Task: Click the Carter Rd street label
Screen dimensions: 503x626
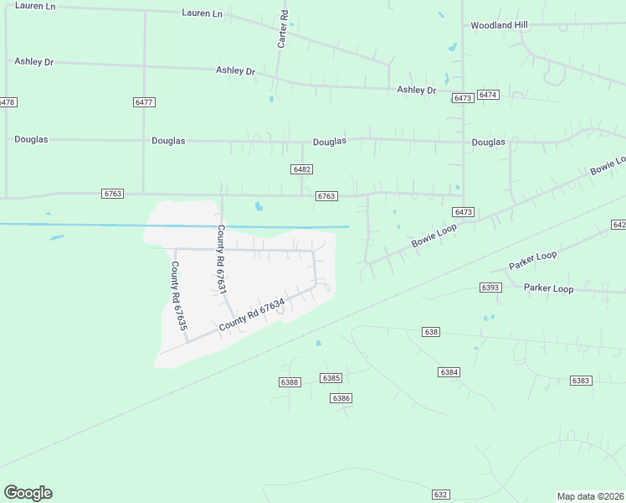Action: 283,29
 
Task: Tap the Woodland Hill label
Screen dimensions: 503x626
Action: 499,25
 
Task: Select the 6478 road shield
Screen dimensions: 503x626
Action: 7,101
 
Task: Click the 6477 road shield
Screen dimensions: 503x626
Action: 144,101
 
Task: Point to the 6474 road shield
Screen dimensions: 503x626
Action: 489,95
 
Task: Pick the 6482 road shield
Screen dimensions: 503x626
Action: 302,169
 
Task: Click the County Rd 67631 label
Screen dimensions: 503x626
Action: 222,258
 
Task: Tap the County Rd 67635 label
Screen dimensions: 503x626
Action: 177,294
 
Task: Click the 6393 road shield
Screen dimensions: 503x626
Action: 490,287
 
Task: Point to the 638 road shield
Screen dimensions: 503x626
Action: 431,332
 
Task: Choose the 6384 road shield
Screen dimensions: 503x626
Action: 449,371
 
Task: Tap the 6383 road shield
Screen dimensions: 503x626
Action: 581,381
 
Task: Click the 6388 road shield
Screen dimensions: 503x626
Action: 290,382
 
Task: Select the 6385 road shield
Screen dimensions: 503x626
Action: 331,378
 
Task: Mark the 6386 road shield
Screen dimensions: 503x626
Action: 341,398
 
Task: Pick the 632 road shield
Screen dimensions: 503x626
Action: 441,495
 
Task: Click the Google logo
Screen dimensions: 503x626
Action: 28,493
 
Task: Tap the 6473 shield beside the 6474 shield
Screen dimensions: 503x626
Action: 463,98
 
